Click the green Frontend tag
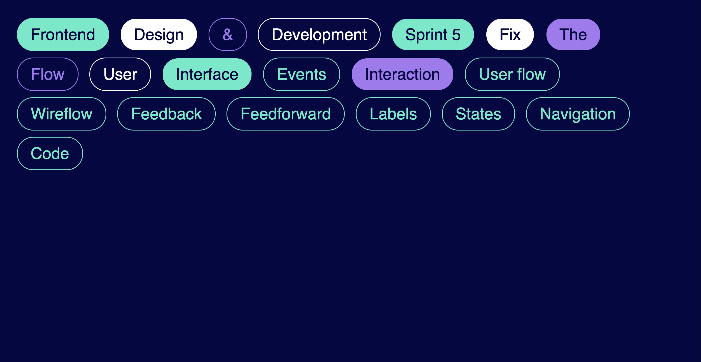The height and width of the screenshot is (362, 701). click(63, 35)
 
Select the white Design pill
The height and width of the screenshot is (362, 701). click(159, 35)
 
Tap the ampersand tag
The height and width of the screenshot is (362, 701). click(228, 35)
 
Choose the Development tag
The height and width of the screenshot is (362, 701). click(319, 35)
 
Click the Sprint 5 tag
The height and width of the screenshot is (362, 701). click(433, 35)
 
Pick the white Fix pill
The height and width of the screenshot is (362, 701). click(510, 35)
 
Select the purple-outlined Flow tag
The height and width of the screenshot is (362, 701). click(48, 74)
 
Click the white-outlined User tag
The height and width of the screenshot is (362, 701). click(120, 74)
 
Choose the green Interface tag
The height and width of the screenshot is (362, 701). click(207, 74)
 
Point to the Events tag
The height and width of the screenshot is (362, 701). click(302, 74)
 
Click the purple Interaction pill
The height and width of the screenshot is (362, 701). click(402, 74)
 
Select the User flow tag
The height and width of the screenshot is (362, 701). click(512, 74)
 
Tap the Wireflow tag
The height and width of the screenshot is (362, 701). click(62, 114)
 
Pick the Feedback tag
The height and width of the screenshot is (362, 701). click(166, 114)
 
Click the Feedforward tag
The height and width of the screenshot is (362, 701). click(285, 114)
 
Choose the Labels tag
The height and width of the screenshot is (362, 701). click(393, 114)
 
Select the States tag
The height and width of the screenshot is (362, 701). click(478, 114)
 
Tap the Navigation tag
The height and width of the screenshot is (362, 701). click(578, 114)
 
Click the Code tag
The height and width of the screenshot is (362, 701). click(50, 153)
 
